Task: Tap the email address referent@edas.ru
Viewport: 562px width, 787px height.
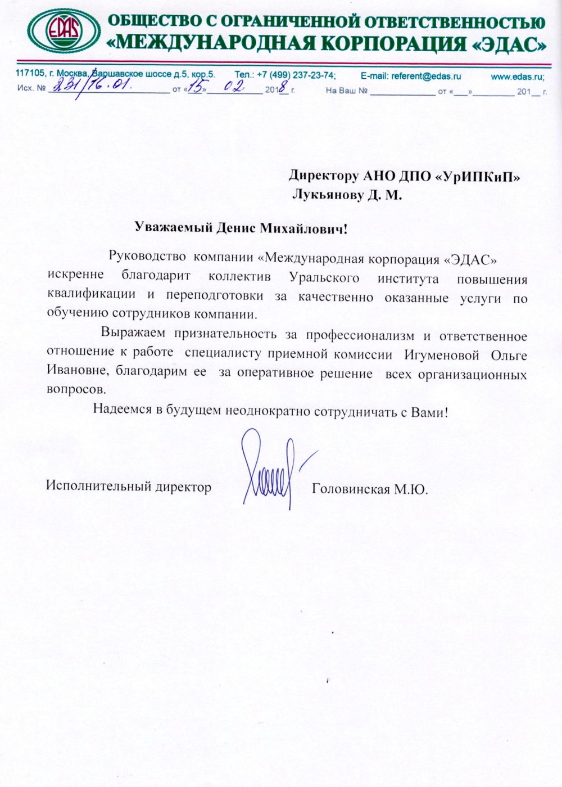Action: tap(411, 75)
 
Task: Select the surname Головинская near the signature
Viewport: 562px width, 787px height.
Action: tap(351, 489)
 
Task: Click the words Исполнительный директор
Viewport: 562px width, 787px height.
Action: tap(129, 487)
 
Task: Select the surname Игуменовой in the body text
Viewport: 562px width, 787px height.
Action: tap(441, 355)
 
